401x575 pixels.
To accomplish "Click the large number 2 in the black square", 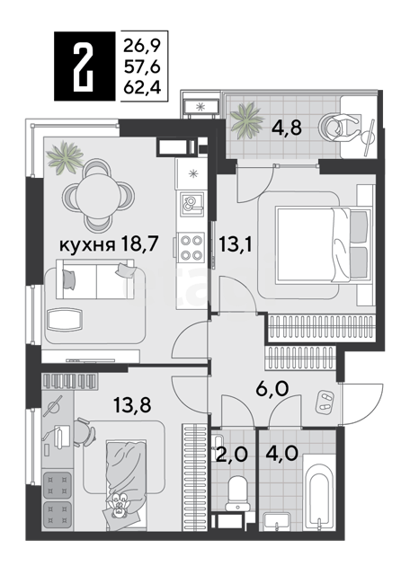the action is click(x=84, y=66).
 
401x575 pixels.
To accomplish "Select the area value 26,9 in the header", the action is click(x=142, y=46).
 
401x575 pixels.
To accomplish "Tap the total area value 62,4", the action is click(x=142, y=88).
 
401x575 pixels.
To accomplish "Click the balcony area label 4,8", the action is click(x=287, y=128).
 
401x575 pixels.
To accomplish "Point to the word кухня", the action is click(x=86, y=244).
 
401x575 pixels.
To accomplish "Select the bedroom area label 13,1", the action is click(x=236, y=244).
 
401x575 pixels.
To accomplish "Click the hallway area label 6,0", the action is click(x=273, y=389).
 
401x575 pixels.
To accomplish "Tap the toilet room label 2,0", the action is click(x=231, y=455).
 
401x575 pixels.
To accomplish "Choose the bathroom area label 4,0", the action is click(x=281, y=455).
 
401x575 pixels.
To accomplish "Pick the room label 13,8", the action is click(x=132, y=405).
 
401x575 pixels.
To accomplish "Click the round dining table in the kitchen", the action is click(x=97, y=194).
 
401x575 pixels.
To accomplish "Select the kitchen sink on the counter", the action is click(x=192, y=204).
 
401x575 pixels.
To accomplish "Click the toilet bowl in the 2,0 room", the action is click(x=237, y=493).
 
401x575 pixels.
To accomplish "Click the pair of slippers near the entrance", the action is click(x=325, y=401).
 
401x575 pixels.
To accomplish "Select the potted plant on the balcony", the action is click(x=246, y=120).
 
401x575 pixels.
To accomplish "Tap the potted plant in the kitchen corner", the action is click(x=67, y=158).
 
